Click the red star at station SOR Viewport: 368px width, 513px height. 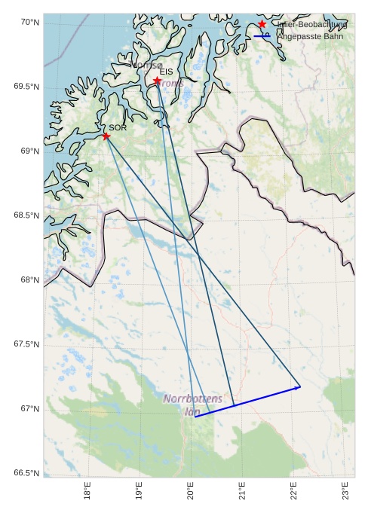pyautogui.click(x=106, y=136)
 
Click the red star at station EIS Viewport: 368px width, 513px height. pyautogui.click(x=157, y=81)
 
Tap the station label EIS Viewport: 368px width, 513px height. pyautogui.click(x=167, y=72)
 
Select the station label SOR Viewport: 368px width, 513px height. pyautogui.click(x=117, y=128)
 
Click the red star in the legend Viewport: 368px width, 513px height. pyautogui.click(x=262, y=24)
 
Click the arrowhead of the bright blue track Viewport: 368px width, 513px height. pyautogui.click(x=299, y=387)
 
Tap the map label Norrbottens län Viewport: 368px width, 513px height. pyautogui.click(x=193, y=404)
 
